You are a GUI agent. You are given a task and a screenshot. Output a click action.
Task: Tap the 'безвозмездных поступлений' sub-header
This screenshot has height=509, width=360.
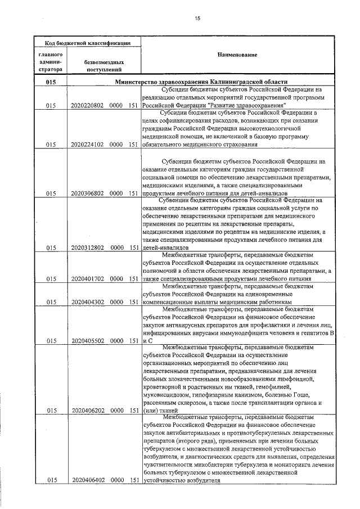coord(104,66)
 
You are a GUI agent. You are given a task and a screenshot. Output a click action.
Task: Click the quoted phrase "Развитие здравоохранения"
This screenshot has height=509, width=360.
coord(247,105)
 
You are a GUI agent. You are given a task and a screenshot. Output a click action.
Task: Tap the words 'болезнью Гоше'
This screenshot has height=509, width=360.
coord(286,395)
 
